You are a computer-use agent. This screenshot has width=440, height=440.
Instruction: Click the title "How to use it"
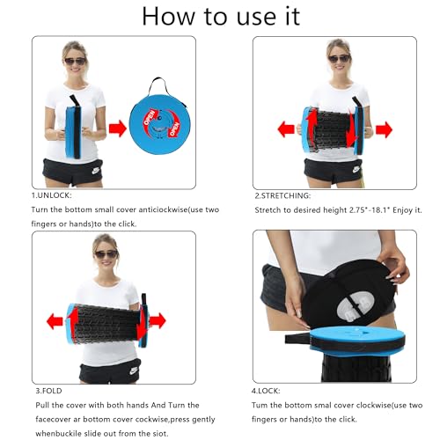tap(221, 16)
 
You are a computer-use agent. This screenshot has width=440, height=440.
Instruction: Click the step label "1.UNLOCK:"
tap(51, 195)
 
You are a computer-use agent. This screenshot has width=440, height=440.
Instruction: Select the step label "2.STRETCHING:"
tap(282, 195)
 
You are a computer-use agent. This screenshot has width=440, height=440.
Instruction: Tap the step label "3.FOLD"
tap(48, 391)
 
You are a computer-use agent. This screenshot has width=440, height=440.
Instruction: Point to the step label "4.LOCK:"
tap(266, 391)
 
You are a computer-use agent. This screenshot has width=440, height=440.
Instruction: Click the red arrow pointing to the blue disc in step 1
tap(118, 128)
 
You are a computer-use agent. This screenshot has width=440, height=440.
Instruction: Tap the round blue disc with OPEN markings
tap(160, 123)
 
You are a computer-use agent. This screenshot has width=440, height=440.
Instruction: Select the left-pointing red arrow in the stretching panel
tap(286, 129)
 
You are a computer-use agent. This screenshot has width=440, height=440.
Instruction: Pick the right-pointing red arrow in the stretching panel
tap(384, 129)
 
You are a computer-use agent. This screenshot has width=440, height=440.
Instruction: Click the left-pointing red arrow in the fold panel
tap(55, 321)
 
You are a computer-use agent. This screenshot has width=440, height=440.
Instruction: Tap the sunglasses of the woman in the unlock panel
tap(75, 62)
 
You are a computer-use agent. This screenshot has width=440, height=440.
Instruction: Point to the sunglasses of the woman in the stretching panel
tap(339, 59)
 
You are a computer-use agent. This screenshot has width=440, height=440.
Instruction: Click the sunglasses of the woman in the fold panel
tap(106, 253)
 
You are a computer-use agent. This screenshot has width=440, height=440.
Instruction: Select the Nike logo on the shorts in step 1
tap(97, 171)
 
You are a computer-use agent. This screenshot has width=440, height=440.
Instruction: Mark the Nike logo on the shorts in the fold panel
tap(134, 370)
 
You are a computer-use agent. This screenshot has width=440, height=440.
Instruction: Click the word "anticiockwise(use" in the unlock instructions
tap(165, 209)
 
